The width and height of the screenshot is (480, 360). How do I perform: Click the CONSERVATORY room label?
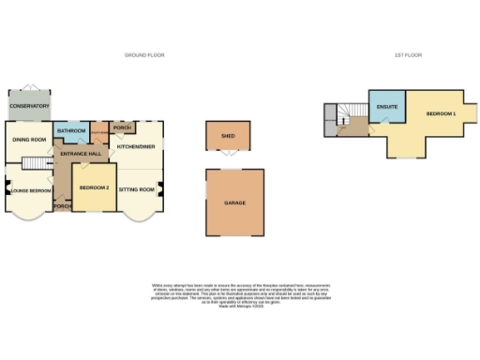29,107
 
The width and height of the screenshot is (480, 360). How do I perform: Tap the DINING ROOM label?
29,140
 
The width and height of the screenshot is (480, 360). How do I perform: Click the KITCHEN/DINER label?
136,147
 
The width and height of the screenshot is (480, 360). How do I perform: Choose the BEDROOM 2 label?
95,188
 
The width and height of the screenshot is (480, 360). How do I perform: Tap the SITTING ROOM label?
138,189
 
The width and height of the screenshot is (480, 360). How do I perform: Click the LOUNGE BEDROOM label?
29,190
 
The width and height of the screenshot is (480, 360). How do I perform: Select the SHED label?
227,135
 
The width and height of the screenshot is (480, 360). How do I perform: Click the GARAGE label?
234,202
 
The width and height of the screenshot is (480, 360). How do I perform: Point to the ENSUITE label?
385,108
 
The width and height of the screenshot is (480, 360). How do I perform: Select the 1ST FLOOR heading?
408,55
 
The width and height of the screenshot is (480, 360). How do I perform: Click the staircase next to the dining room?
37,166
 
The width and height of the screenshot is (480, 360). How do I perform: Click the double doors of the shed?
227,153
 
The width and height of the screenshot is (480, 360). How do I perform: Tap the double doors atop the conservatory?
29,88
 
